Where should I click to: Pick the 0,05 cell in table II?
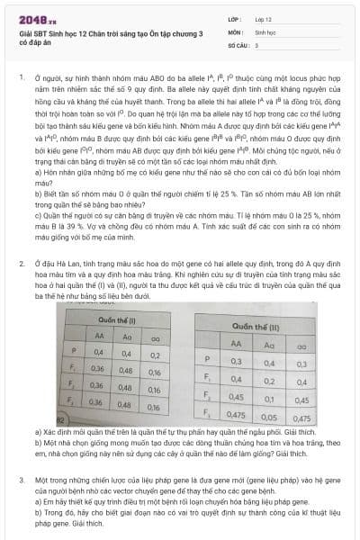(269, 418)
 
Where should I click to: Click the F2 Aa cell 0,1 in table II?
(269, 399)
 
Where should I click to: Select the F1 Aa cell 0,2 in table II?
(269, 381)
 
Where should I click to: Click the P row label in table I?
(74, 353)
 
